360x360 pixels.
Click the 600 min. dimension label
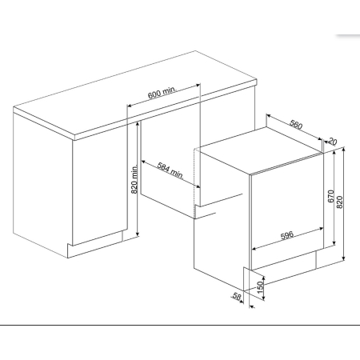point(162,93)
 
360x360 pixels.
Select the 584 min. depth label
point(170,170)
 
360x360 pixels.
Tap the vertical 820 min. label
point(134,179)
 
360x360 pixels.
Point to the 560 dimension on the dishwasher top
point(296,125)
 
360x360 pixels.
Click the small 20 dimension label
point(332,142)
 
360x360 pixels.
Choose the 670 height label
point(330,196)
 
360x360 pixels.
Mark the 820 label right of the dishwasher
point(339,202)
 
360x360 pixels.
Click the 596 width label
point(287,235)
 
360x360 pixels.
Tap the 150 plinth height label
point(260,287)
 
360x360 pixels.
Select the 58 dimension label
point(237,296)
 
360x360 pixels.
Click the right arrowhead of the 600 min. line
point(198,86)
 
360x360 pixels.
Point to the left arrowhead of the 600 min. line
point(129,106)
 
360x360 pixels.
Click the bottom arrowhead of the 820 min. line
point(138,234)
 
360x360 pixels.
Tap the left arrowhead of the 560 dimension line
point(269,116)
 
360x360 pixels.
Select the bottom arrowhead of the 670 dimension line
point(334,242)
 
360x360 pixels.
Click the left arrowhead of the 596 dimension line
point(254,249)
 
